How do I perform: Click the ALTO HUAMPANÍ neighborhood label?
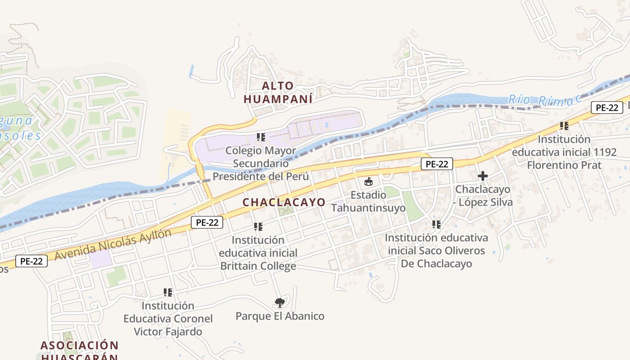pyautogui.click(x=278, y=92)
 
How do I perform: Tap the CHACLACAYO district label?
pyautogui.click(x=284, y=202)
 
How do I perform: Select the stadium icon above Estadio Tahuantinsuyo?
pyautogui.click(x=369, y=182)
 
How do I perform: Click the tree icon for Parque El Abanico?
pyautogui.click(x=280, y=302)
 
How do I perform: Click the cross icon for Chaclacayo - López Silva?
pyautogui.click(x=482, y=176)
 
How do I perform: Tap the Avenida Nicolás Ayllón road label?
pyautogui.click(x=113, y=245)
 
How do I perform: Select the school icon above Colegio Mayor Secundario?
pyautogui.click(x=261, y=137)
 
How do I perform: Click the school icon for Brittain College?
pyautogui.click(x=258, y=227)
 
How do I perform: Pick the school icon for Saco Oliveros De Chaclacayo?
pyautogui.click(x=436, y=224)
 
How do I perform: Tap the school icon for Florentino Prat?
pyautogui.click(x=564, y=126)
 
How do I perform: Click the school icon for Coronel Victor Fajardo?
pyautogui.click(x=168, y=292)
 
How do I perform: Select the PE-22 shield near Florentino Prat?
pyautogui.click(x=607, y=108)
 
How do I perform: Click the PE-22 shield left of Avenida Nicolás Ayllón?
pyautogui.click(x=31, y=261)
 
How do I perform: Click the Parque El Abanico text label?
pyautogui.click(x=280, y=316)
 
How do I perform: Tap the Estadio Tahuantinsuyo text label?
pyautogui.click(x=369, y=202)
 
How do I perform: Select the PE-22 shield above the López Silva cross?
pyautogui.click(x=436, y=164)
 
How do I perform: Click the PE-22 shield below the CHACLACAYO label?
pyautogui.click(x=207, y=222)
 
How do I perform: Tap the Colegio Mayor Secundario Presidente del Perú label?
pyautogui.click(x=261, y=163)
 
